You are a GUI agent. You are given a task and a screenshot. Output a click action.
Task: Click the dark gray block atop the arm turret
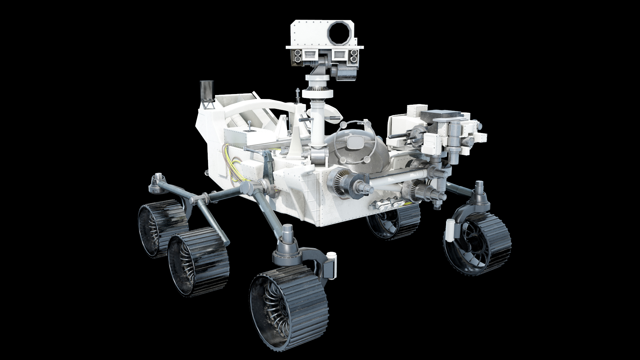[x=446, y=117]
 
